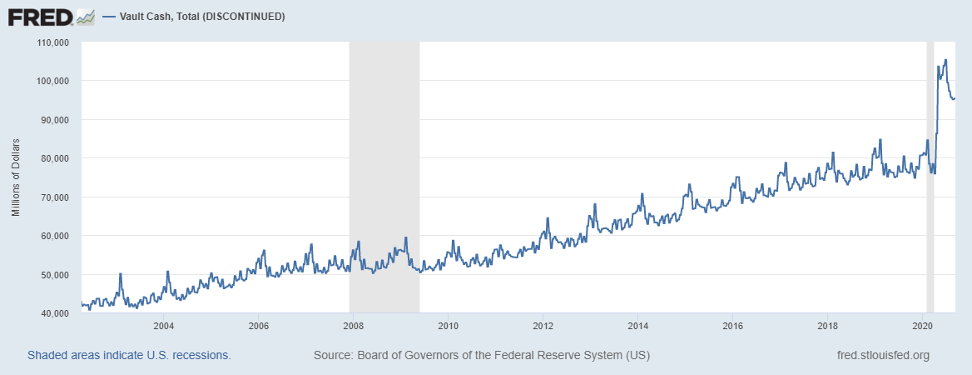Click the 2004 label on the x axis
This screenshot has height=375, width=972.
coord(163,325)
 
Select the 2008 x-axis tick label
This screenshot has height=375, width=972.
coord(353,325)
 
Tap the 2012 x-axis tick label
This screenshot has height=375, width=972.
coord(543,325)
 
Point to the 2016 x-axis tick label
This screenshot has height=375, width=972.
coord(732,325)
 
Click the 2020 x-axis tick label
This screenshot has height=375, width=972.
coord(922,325)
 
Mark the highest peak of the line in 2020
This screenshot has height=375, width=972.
coord(945,60)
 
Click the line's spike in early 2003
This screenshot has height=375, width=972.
coord(121,274)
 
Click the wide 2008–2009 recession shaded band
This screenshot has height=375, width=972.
coord(384,167)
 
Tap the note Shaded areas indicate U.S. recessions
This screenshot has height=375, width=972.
coord(129,355)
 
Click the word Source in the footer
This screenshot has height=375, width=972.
coord(332,355)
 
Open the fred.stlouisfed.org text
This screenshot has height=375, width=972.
coord(882,355)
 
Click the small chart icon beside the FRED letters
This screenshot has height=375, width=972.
coord(84,17)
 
